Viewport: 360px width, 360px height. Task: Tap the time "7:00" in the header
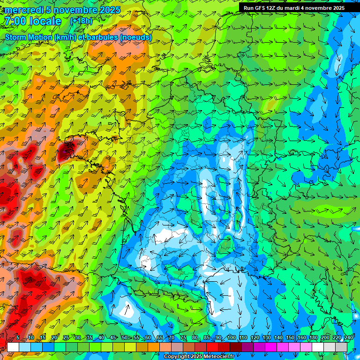click(x=15, y=21)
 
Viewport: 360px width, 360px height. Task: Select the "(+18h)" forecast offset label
click(x=81, y=21)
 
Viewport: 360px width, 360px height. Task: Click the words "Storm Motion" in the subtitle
click(x=29, y=37)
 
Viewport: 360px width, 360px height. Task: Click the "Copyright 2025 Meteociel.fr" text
click(x=199, y=357)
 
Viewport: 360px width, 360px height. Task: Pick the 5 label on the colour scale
click(x=18, y=338)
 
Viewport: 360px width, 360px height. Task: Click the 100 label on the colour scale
click(x=232, y=338)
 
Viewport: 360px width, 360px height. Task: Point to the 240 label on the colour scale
click(x=348, y=338)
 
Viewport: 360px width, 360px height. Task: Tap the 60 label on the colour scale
click(x=148, y=338)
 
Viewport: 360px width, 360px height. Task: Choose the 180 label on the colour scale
click(x=313, y=338)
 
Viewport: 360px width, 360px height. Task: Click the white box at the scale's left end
click(x=13, y=347)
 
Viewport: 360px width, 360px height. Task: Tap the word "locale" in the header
click(x=45, y=21)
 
